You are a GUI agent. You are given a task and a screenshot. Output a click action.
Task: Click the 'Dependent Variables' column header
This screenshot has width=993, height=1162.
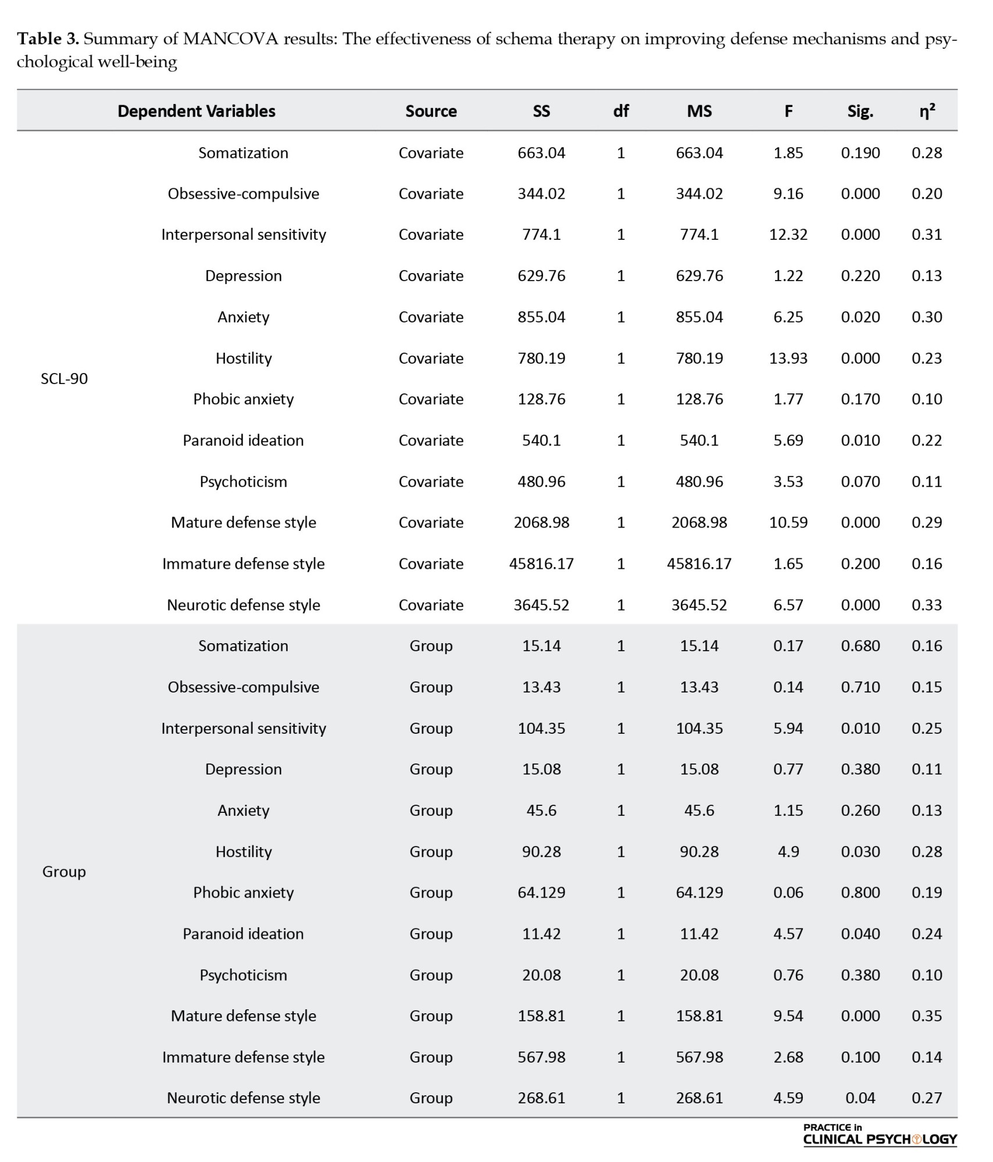(x=197, y=111)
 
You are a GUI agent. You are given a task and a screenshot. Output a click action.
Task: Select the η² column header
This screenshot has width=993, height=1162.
(x=927, y=111)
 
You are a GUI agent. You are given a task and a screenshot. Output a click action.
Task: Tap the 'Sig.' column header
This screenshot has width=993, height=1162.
(x=860, y=111)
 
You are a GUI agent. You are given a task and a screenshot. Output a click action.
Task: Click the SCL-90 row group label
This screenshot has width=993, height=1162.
(x=64, y=379)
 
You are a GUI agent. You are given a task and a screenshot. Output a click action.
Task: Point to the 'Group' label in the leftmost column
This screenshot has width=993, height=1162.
(x=64, y=871)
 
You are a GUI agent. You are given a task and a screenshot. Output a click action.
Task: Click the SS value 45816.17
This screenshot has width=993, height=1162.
(x=541, y=564)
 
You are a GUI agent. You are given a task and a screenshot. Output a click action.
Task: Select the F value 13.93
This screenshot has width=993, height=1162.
(x=788, y=358)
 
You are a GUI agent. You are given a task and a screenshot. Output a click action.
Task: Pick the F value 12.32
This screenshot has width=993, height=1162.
(x=788, y=235)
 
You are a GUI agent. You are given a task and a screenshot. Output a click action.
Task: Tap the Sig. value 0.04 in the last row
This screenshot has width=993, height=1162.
(x=860, y=1098)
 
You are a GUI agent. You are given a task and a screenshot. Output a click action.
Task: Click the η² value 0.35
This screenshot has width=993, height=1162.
(x=927, y=1016)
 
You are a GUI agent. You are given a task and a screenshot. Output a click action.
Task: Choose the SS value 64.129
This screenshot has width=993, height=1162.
(x=541, y=892)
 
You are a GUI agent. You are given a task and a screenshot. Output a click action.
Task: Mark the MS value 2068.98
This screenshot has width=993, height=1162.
(x=699, y=522)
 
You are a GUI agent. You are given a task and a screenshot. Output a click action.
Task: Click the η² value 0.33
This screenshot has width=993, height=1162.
(x=927, y=605)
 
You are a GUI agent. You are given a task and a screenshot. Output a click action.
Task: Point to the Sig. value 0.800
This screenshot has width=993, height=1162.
(x=860, y=892)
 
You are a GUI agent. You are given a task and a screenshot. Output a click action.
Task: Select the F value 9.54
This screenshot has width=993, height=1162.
(x=788, y=1016)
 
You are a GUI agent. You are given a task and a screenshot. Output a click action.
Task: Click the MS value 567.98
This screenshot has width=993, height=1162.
(x=699, y=1057)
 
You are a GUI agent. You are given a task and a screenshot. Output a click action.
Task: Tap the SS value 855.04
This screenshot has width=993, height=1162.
(x=541, y=317)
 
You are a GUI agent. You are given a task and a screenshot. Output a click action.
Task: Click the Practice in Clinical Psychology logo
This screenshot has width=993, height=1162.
(x=880, y=1135)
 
